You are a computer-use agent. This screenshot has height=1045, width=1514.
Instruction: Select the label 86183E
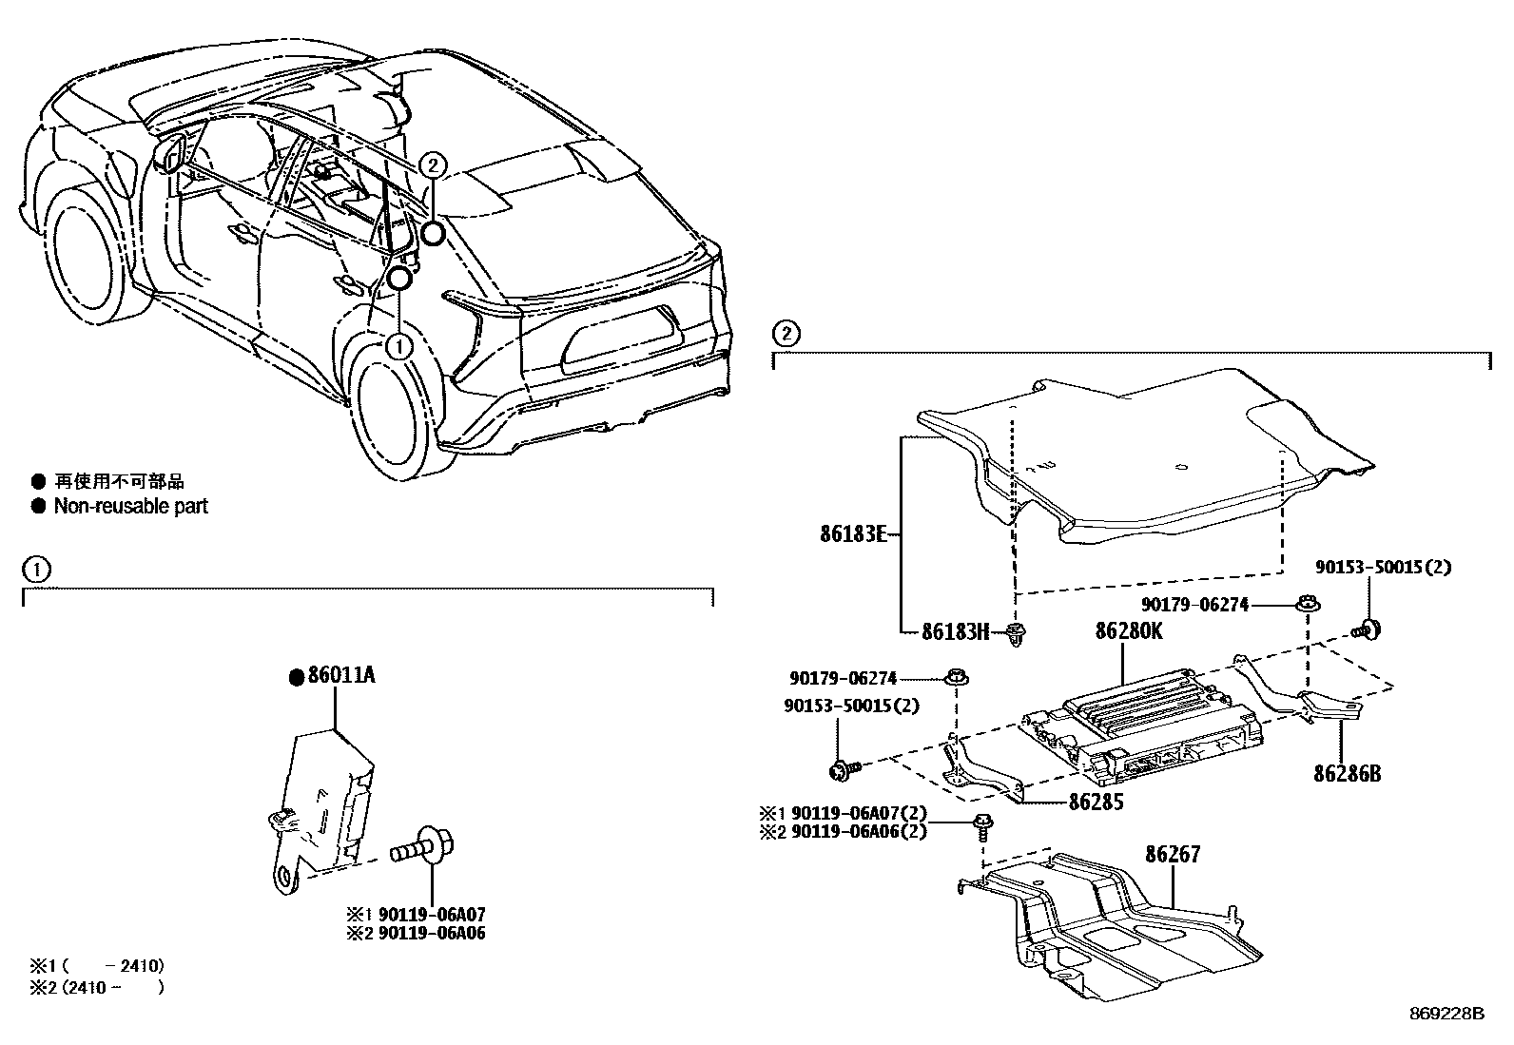pos(853,534)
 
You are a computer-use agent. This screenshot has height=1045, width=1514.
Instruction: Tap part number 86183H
pos(956,630)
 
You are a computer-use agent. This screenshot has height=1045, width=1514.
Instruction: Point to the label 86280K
pos(1129,631)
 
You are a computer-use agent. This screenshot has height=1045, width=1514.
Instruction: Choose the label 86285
pos(1096,802)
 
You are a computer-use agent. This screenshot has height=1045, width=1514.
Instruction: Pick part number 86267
pos(1173,854)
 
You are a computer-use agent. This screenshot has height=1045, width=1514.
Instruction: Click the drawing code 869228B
pos(1446,1014)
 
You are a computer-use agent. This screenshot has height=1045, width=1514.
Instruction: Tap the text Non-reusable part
pos(130,506)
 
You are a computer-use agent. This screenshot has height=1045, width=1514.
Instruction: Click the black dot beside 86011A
pos(296,677)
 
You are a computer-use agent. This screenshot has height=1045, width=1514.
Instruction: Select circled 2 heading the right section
pos(786,334)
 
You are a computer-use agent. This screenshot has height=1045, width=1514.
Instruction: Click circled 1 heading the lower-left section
pos(35,570)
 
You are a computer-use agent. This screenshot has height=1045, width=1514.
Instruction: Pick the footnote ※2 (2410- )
pos(95,987)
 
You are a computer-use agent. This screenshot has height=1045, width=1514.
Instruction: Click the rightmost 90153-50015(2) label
pos(1384,567)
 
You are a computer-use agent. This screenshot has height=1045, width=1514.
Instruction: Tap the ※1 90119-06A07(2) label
pos(841,814)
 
